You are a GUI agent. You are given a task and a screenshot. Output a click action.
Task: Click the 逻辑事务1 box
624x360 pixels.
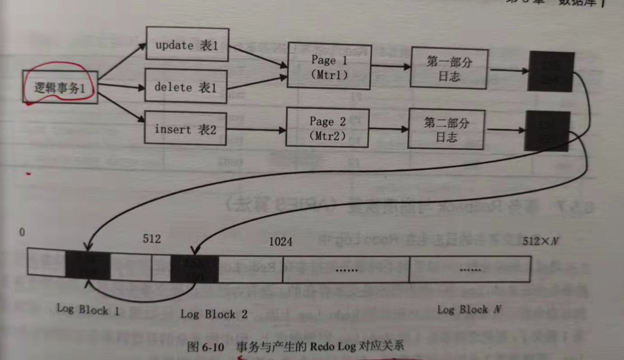pyautogui.click(x=60, y=87)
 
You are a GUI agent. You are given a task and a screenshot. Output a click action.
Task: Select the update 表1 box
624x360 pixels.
pyautogui.click(x=187, y=45)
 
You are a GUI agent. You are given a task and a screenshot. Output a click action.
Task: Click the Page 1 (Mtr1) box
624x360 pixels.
pyautogui.click(x=329, y=67)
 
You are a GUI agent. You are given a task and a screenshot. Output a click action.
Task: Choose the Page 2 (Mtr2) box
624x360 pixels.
pyautogui.click(x=327, y=128)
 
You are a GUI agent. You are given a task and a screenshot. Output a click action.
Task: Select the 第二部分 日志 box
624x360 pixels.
pyautogui.click(x=447, y=129)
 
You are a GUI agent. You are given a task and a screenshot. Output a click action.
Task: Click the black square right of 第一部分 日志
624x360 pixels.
pyautogui.click(x=551, y=72)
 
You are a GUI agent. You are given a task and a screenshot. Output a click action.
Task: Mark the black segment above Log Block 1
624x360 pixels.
pyautogui.click(x=88, y=265)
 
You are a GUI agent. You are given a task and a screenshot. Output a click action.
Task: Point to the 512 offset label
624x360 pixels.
pyautogui.click(x=151, y=238)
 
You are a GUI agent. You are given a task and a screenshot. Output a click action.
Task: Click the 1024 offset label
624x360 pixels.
pyautogui.click(x=280, y=242)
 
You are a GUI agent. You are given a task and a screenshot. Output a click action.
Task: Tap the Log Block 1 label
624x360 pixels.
pyautogui.click(x=88, y=309)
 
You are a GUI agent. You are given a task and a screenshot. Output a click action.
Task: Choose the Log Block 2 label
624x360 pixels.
pyautogui.click(x=214, y=314)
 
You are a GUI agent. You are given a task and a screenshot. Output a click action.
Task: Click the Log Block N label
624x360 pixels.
pyautogui.click(x=469, y=309)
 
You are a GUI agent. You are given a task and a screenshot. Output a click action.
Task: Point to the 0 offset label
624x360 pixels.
pyautogui.click(x=22, y=232)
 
